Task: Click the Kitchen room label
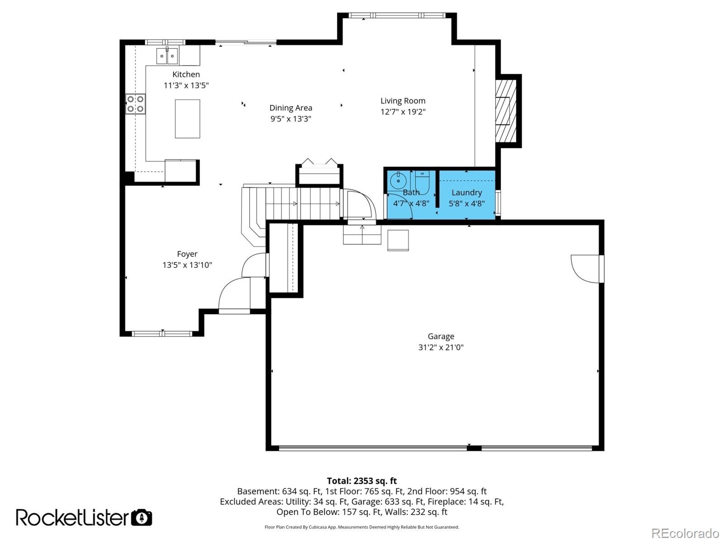pos(186,75)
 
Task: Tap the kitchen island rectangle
pos(187,118)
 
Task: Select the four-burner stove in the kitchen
pos(135,104)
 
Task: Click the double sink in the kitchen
pos(167,56)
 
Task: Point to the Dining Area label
pos(291,108)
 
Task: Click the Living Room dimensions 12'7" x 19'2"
pos(403,112)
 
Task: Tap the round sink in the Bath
pos(398,181)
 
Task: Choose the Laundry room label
pos(467,193)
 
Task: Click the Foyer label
pos(187,254)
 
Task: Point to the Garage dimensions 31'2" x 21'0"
pos(441,347)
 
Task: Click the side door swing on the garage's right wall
pos(586,269)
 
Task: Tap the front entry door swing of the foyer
pos(234,295)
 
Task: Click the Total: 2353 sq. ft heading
pos(362,481)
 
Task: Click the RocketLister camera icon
pos(142,517)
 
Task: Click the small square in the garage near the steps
pos(398,240)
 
